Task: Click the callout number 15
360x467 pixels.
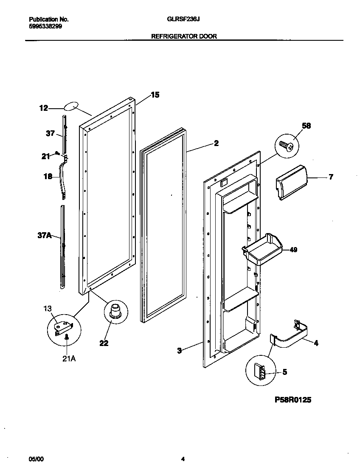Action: [x=155, y=95]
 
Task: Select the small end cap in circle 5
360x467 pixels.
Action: [x=259, y=372]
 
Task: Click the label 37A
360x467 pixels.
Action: [x=45, y=235]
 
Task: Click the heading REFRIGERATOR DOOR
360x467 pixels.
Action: [x=184, y=37]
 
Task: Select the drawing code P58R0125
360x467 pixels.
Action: [x=290, y=399]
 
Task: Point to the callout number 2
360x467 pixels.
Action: [x=216, y=143]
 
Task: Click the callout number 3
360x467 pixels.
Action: [x=179, y=350]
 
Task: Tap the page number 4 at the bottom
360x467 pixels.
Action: [x=183, y=459]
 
